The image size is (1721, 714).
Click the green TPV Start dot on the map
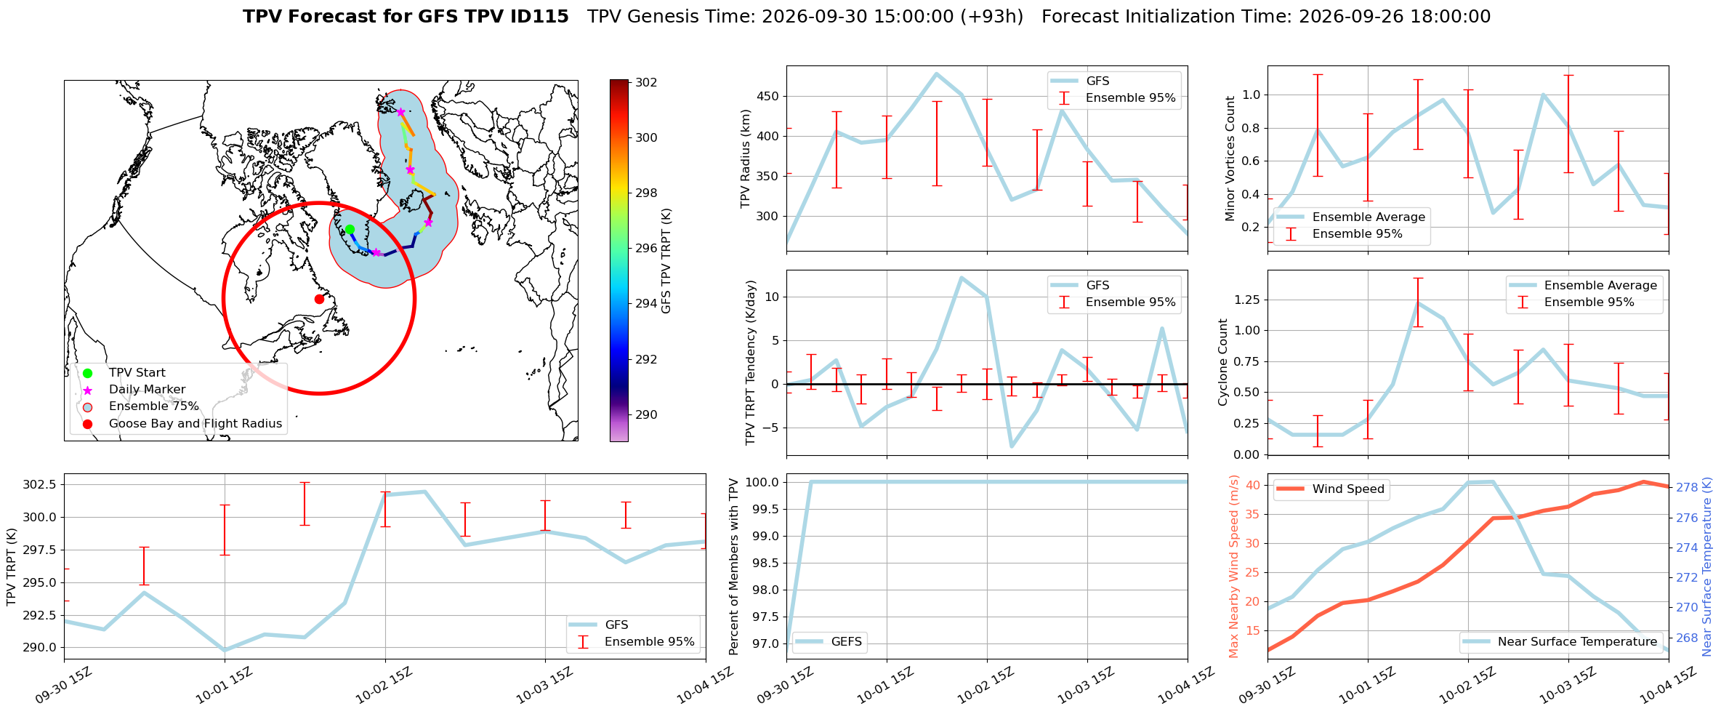tap(350, 230)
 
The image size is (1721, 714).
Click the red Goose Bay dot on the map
tap(319, 299)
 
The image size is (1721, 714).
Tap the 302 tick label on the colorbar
tap(646, 82)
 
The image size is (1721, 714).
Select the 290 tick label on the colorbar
tap(646, 414)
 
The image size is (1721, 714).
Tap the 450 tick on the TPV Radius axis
tap(768, 96)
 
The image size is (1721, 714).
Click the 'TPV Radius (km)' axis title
tap(745, 159)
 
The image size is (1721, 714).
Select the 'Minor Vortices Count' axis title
tap(1230, 159)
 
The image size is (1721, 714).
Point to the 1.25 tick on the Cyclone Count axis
tap(1246, 300)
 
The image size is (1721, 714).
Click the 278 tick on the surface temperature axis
tap(1687, 487)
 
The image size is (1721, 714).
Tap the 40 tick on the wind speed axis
tap(1253, 485)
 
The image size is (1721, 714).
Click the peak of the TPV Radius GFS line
tap(937, 73)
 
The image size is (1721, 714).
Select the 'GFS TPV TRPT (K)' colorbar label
tap(666, 260)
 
